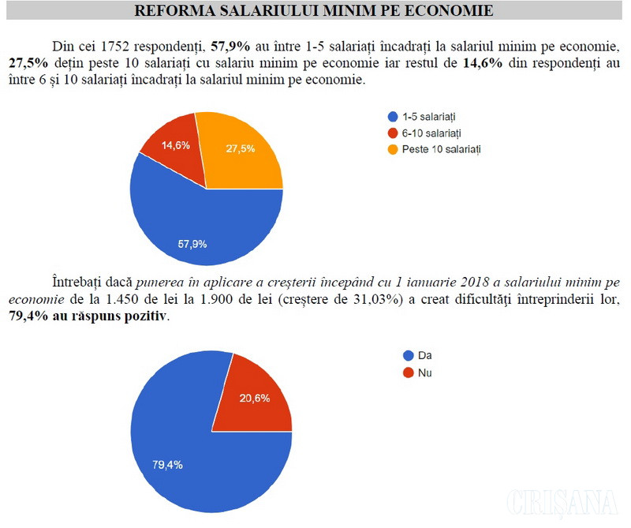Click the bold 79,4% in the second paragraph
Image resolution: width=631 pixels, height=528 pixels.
(26, 316)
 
